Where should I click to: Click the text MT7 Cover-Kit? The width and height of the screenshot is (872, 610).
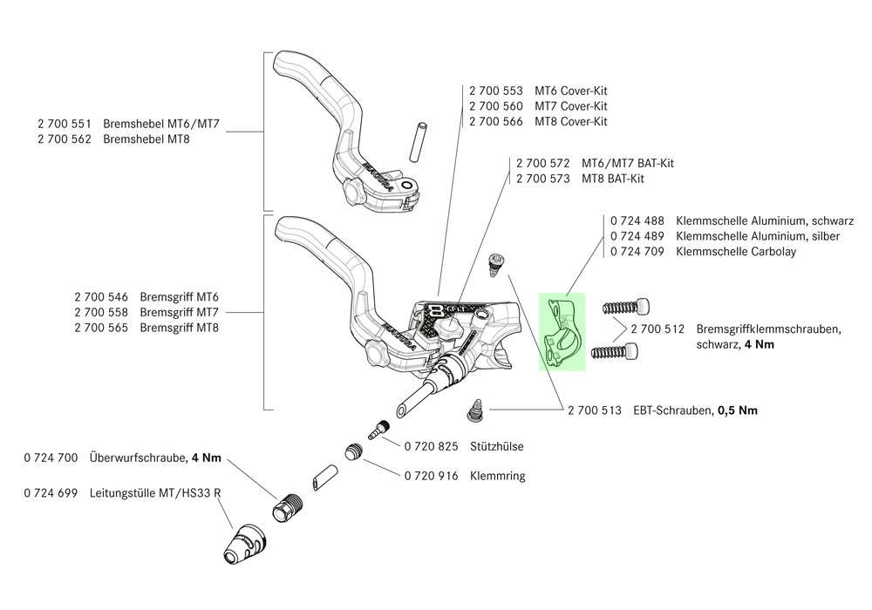(x=571, y=106)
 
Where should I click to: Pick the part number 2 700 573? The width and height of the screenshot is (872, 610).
(x=543, y=179)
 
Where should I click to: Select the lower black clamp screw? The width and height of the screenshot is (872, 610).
(x=617, y=352)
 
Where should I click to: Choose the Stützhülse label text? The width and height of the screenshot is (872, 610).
(x=495, y=446)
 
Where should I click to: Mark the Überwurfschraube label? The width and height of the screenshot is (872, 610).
(x=137, y=457)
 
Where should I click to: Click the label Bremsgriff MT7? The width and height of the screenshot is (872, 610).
(x=179, y=312)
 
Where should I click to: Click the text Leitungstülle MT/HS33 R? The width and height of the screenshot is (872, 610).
(x=154, y=493)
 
